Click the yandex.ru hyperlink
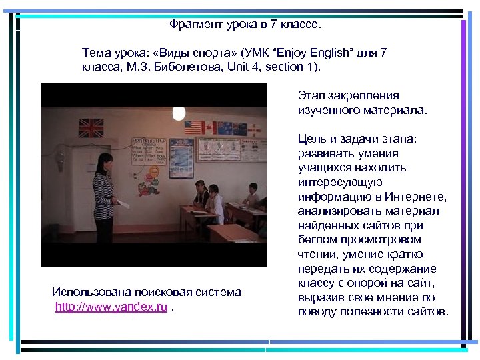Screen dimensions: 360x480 [x=111, y=307]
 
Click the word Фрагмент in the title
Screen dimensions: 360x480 [x=193, y=25]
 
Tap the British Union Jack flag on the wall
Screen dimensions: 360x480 [x=92, y=127]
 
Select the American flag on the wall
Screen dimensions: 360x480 [x=194, y=127]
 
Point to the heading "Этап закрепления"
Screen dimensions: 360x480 [x=348, y=95]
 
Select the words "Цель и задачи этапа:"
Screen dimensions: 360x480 [x=357, y=139]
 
